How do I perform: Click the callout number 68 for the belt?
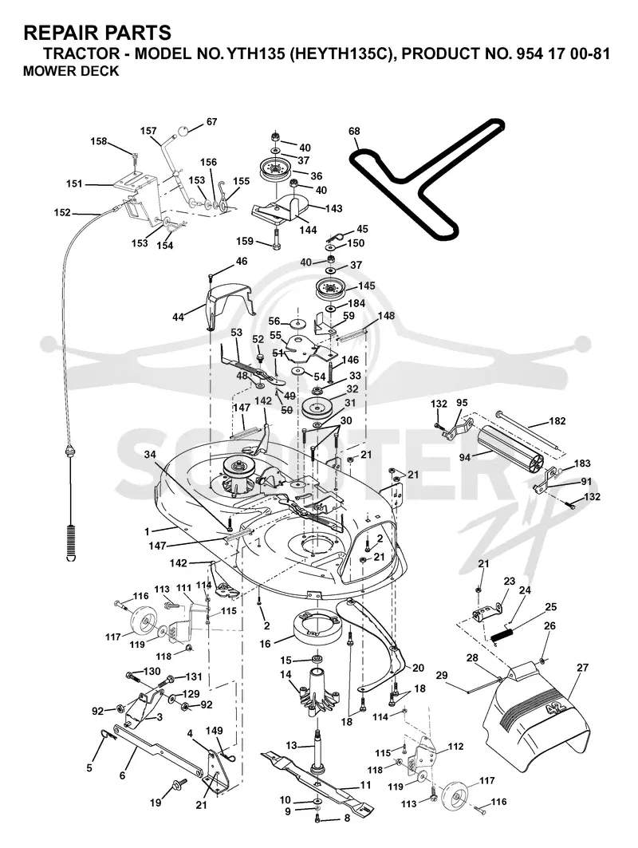(354, 132)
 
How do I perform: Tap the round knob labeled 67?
(184, 131)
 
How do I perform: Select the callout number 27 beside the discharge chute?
(582, 668)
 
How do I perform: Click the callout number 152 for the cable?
(62, 212)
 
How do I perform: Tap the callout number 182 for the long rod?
(557, 420)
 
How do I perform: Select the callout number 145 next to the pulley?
(366, 286)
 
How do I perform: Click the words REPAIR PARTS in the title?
(97, 33)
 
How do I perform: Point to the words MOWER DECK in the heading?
(71, 71)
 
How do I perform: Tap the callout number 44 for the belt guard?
(178, 317)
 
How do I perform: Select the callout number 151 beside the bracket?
(74, 183)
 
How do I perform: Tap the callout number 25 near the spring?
(550, 607)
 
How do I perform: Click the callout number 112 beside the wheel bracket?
(456, 747)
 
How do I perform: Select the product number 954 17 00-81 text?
(560, 54)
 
